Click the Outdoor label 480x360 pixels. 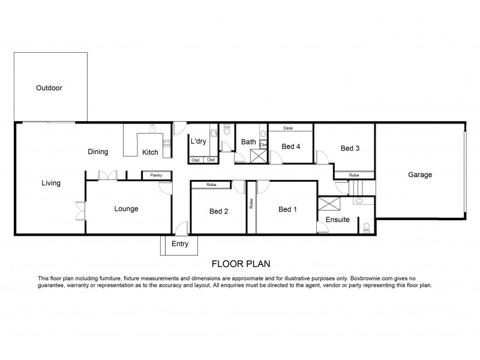point(49,88)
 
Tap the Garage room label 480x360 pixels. point(420,175)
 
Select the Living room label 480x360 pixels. point(51,183)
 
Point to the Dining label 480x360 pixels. point(98,152)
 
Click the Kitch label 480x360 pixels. point(150,152)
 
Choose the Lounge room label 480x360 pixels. point(127,209)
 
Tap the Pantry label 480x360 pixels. point(156,175)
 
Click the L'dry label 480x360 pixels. point(199,142)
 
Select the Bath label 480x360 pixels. point(248,142)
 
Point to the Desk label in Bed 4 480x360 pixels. point(288,128)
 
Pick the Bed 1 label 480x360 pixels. point(287,209)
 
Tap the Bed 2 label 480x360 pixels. point(218,211)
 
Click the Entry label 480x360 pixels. point(180,244)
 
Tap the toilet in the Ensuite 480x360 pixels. point(367,227)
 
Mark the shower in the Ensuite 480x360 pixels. point(329,203)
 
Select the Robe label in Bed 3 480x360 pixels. point(355,175)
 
